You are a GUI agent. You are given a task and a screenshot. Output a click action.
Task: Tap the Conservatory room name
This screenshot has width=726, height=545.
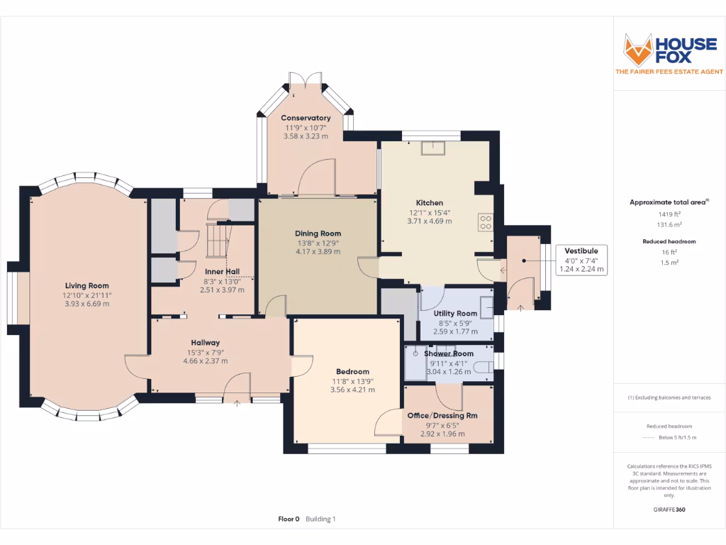pos(306,118)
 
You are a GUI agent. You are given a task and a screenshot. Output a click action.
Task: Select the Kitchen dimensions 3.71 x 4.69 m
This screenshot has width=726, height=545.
pos(429,221)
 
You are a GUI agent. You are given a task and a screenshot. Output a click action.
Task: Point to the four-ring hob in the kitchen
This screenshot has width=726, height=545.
pos(486,222)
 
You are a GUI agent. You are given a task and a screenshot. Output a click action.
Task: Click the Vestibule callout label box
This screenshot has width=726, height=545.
pos(581,260)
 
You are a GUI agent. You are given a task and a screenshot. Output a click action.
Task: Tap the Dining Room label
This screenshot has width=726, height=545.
pos(318,233)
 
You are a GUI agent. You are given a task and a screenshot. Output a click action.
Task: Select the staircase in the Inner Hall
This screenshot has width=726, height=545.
pos(217,240)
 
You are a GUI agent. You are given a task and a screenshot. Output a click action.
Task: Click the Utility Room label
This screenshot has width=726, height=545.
pos(456,313)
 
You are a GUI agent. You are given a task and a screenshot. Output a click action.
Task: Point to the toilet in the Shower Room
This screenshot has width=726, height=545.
pos(483,367)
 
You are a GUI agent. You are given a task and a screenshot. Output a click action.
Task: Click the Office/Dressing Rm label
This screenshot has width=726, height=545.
pos(442,416)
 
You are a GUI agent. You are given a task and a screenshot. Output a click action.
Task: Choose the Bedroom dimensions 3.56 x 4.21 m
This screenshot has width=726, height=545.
pos(352,390)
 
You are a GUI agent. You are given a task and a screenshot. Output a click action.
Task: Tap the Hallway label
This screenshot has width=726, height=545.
pos(205,342)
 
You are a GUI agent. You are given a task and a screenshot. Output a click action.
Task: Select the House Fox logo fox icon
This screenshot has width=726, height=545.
pos(637,49)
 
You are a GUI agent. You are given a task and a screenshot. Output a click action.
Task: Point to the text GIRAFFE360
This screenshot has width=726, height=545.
pos(669,510)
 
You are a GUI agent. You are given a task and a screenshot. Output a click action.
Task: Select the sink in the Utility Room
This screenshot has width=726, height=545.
pos(487,306)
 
